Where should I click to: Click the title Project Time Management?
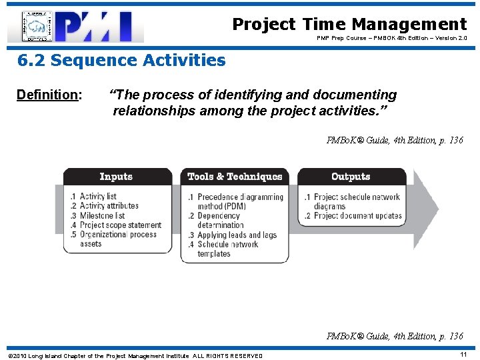pyautogui.click(x=349, y=25)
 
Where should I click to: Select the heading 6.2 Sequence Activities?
pyautogui.click(x=121, y=61)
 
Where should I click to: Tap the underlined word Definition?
pyautogui.click(x=47, y=95)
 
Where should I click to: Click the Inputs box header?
pyautogui.click(x=116, y=177)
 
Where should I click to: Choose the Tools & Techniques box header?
pyautogui.click(x=235, y=177)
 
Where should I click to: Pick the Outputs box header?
pyautogui.click(x=351, y=177)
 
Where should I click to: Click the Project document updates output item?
pyautogui.click(x=353, y=215)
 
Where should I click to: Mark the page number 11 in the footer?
pyautogui.click(x=463, y=355)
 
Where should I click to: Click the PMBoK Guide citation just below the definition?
pyautogui.click(x=394, y=140)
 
